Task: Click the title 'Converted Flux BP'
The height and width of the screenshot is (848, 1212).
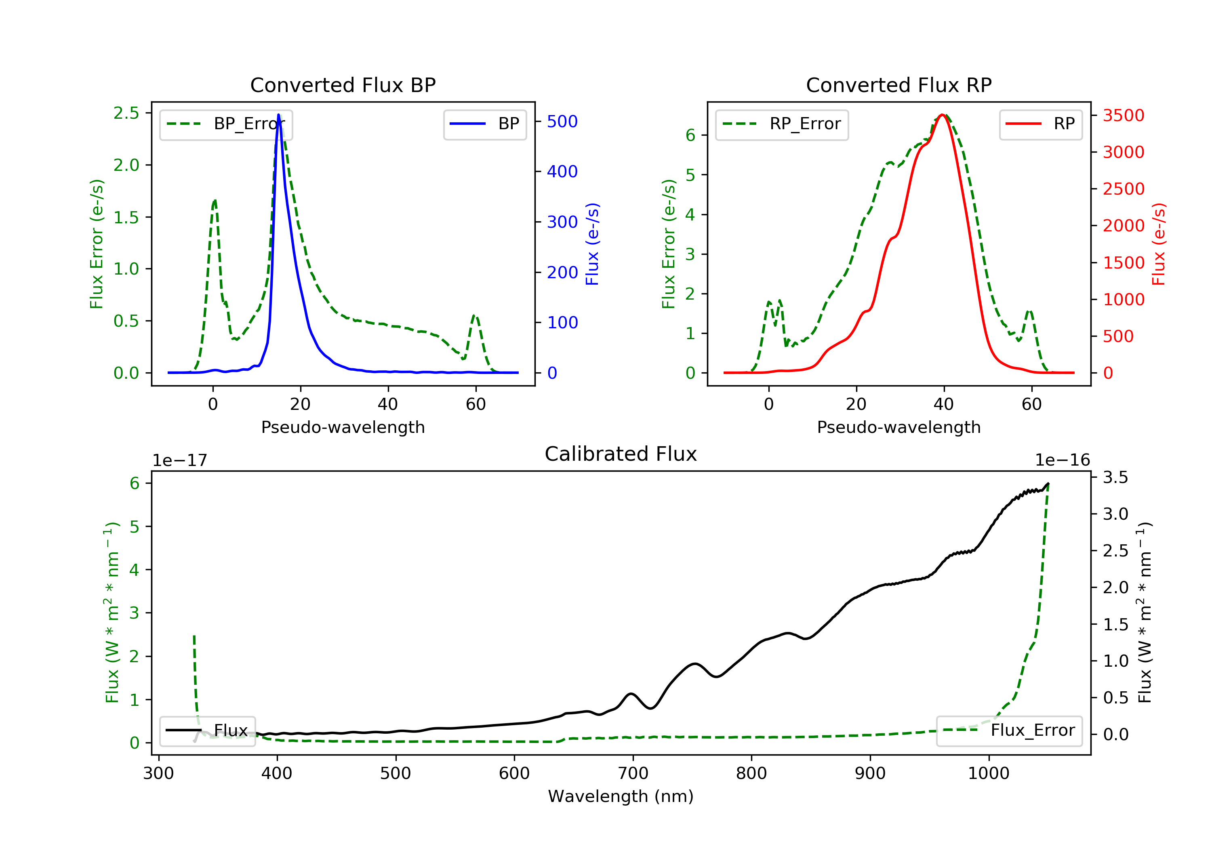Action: point(343,85)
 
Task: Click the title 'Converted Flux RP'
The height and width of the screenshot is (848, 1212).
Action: point(898,85)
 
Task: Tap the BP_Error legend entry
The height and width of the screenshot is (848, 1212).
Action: point(226,124)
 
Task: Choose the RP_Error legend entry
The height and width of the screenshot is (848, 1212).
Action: point(782,124)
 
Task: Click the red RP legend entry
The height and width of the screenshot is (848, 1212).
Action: point(1040,124)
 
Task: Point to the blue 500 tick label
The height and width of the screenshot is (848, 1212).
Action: point(562,122)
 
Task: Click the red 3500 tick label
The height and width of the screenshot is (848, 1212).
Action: point(1123,115)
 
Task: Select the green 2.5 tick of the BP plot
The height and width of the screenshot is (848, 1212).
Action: point(126,113)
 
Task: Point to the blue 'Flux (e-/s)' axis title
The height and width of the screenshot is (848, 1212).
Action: point(592,244)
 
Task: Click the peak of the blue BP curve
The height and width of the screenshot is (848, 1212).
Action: point(278,115)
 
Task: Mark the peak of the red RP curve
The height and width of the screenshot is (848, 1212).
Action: point(942,115)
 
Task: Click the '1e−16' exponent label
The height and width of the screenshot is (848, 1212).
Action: point(1062,460)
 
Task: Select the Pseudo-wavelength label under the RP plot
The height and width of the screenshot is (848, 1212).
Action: point(898,427)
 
